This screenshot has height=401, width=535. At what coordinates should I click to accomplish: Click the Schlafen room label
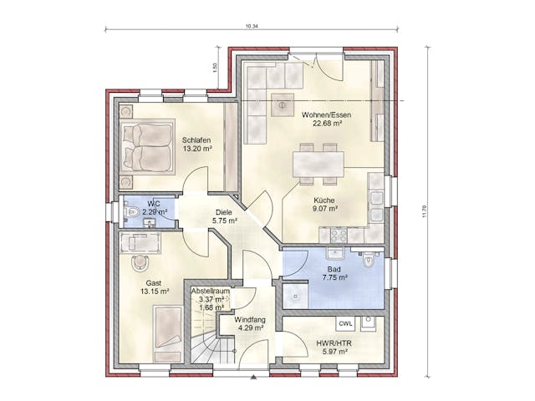(x=196, y=140)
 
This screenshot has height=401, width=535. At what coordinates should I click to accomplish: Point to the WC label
(x=153, y=203)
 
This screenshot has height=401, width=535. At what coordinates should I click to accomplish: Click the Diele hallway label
(x=224, y=211)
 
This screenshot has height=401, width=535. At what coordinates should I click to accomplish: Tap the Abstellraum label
(x=205, y=291)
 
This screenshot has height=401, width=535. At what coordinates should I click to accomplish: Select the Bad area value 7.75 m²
(x=334, y=277)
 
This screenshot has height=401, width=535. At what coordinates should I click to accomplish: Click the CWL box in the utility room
(x=345, y=323)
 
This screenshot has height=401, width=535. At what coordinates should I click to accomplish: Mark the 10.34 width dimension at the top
(x=252, y=27)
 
